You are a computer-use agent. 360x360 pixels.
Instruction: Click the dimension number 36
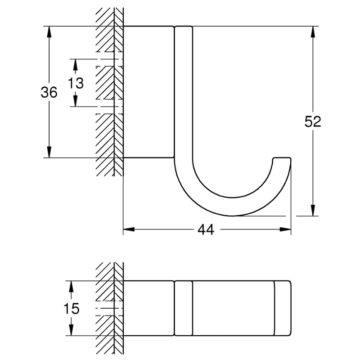tap(49, 92)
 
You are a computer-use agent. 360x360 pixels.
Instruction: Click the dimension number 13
tap(76, 83)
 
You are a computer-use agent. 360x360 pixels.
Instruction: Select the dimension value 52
tap(312, 121)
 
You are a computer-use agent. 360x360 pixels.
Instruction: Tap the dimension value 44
tap(206, 229)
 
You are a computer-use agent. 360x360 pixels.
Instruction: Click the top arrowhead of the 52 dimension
tap(311, 31)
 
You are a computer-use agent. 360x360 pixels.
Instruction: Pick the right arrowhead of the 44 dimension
tap(286, 229)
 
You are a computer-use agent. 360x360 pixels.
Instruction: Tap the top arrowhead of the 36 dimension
tap(49, 31)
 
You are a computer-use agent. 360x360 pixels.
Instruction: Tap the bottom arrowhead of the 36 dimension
tap(49, 153)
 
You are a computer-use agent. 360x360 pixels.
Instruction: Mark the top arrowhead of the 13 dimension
tap(76, 64)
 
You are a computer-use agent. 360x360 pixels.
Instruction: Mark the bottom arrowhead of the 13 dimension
tap(76, 102)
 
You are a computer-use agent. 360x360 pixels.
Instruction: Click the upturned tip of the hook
tap(283, 160)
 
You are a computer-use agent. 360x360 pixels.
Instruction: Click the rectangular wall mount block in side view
tap(148, 92)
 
